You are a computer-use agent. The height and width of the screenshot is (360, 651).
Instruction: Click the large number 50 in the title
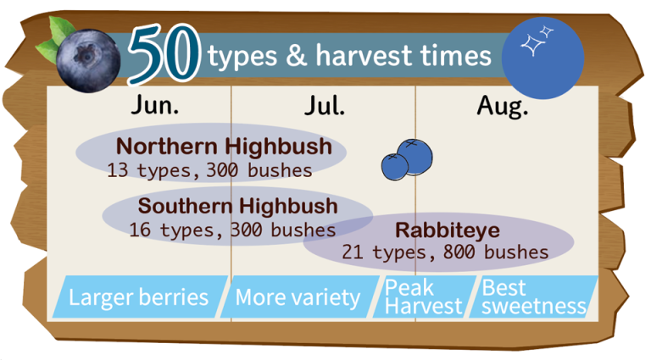pos(164,53)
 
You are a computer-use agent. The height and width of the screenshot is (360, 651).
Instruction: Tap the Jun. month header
pos(155,105)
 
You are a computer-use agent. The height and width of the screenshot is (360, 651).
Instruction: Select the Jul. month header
pos(325,105)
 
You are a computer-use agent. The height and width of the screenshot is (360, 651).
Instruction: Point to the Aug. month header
pos(503,107)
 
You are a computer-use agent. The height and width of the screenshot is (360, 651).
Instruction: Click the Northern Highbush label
pos(224,147)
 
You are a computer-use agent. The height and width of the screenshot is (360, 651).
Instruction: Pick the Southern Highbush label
pos(238,206)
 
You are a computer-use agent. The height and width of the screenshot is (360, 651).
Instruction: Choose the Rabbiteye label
pos(448,230)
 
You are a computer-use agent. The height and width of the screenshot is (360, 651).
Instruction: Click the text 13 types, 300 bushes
pos(209,170)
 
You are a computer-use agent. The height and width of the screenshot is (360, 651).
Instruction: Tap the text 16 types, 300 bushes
pos(232,230)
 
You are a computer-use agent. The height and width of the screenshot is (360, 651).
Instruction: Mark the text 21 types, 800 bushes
pos(445,252)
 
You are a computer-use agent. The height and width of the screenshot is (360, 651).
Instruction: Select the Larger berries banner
pos(140,297)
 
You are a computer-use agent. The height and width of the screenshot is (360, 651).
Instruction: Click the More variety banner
pos(300,297)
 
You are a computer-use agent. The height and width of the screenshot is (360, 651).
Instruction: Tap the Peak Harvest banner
pos(424,297)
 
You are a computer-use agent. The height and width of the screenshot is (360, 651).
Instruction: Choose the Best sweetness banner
pos(533,297)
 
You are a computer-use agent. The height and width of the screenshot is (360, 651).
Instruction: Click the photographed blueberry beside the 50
pos(88,60)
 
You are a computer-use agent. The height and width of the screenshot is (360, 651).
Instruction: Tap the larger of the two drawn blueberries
pos(415,157)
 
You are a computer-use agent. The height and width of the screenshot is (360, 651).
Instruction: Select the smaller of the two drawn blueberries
pos(395,167)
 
